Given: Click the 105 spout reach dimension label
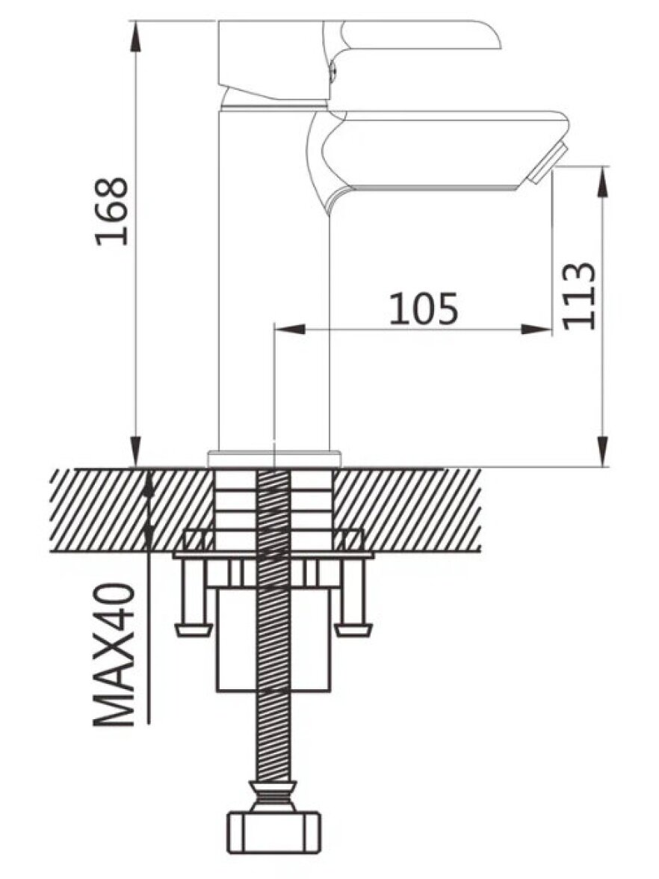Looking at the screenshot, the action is pos(424,308).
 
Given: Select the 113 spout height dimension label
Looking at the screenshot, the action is pos(578,296).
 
